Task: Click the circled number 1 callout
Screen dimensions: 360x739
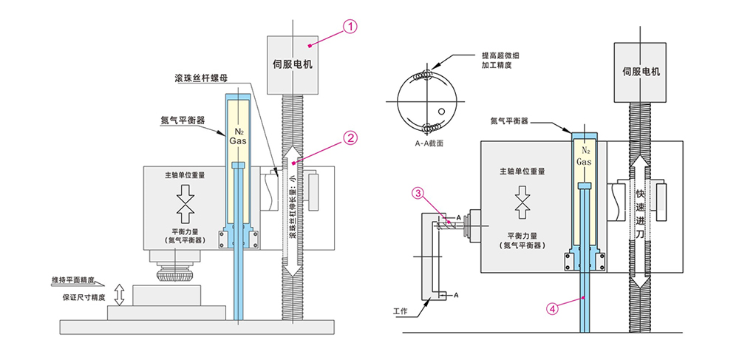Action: tap(350, 26)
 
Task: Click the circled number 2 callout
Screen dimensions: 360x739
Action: tap(350, 137)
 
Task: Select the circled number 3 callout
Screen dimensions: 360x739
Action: tap(418, 194)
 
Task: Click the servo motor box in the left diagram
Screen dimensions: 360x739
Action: tap(293, 64)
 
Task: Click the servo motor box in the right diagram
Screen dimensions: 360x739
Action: tap(641, 72)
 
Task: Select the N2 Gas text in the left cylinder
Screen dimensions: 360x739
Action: tap(239, 135)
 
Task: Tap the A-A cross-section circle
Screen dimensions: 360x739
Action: tap(428, 100)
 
